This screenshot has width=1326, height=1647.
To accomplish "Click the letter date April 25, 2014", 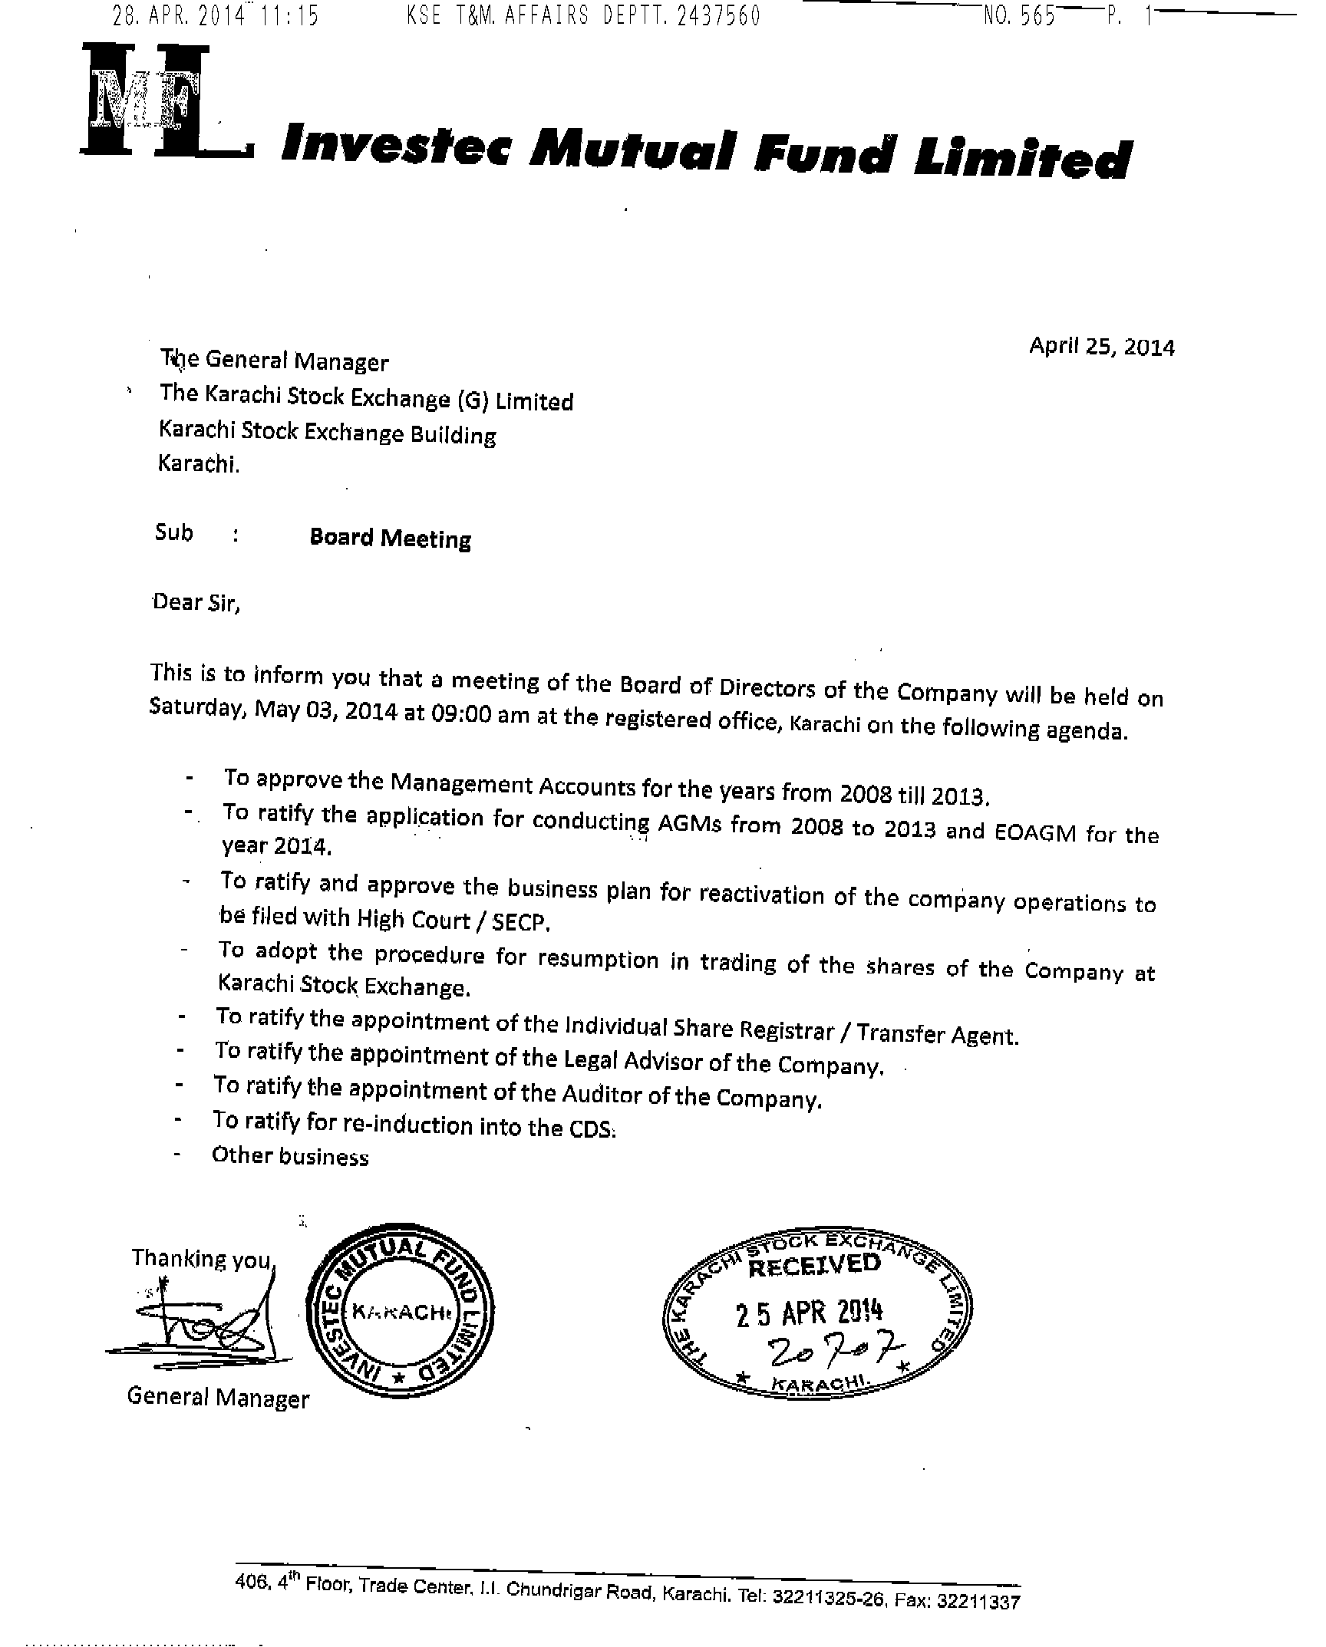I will (1101, 347).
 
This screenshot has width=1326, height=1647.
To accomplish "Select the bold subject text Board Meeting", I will (390, 539).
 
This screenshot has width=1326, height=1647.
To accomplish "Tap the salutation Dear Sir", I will (196, 602).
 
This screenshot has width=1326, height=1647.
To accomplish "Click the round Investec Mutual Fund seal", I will (400, 1313).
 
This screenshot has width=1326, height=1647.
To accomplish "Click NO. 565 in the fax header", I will (1019, 15).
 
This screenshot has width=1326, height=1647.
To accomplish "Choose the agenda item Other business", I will (290, 1156).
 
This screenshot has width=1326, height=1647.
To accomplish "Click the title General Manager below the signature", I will (218, 1397).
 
